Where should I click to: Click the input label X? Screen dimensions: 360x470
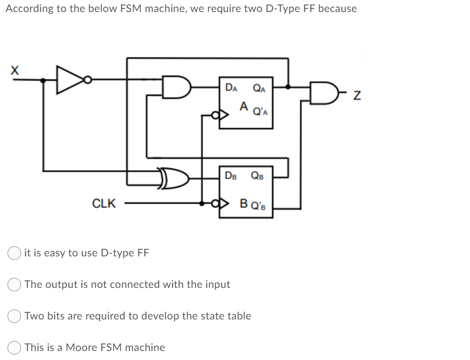coord(15,71)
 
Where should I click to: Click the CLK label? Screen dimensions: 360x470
coord(104,204)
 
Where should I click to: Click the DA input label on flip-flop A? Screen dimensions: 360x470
coord(231,88)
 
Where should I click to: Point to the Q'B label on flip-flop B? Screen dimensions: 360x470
coord(260,205)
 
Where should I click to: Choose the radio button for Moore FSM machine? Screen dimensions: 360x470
coord(15,347)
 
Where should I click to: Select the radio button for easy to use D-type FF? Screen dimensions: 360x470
coord(15,253)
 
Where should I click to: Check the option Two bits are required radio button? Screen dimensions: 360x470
coord(15,316)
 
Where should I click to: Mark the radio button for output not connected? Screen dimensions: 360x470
coord(15,284)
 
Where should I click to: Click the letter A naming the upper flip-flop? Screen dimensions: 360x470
coord(244,106)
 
